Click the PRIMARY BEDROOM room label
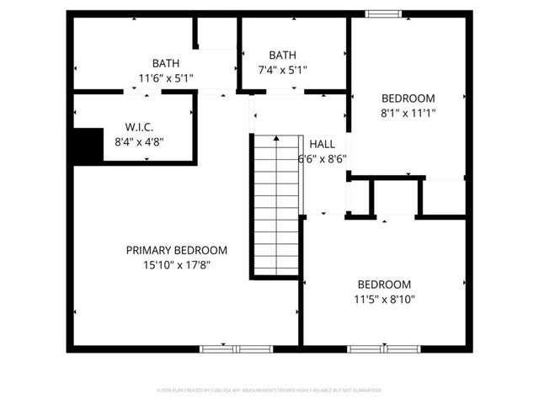[177, 250]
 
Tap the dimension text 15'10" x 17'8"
[177, 264]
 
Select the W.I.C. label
[139, 128]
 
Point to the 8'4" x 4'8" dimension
[139, 141]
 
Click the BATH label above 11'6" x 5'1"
[165, 63]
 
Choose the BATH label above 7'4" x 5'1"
[282, 56]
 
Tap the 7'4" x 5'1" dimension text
[282, 70]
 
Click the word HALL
[323, 144]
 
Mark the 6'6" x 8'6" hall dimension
[323, 158]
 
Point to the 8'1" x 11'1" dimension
[408, 111]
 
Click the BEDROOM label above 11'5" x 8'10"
[384, 284]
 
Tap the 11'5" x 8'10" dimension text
[384, 298]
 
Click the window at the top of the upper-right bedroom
[383, 13]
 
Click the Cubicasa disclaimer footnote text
[269, 391]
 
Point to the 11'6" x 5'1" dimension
[165, 77]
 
